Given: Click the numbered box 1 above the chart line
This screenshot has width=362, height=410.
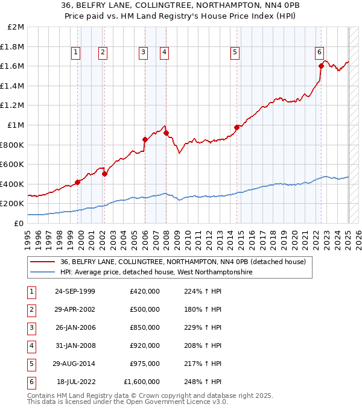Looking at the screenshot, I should coord(76,52).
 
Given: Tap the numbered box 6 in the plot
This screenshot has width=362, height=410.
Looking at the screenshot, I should coord(319,52).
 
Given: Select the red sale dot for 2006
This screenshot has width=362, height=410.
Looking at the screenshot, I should coord(145,140).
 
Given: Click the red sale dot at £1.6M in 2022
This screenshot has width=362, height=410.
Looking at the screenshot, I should coord(322,66).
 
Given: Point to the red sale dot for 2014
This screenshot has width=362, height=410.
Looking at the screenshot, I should coord(237,127).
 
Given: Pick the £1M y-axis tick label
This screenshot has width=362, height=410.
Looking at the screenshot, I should coord(16,125).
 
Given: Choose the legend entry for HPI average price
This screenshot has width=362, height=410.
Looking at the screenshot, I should coord(156,273).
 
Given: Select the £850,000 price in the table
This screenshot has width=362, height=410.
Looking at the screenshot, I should coord(145,327).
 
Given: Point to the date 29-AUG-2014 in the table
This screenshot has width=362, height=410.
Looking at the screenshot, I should coord(75,364).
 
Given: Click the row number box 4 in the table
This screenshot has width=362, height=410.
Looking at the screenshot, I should coord(30,345).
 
